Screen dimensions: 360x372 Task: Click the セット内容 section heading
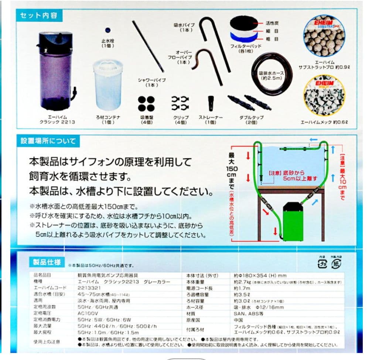[x=39, y=16]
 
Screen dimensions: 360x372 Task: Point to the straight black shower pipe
[x=148, y=46]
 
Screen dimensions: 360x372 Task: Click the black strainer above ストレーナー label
[x=211, y=103]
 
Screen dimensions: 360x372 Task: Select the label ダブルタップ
[x=251, y=118]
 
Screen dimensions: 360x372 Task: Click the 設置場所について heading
[x=48, y=141]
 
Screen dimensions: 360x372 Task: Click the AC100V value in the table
[x=86, y=313]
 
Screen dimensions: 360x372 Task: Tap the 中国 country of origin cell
[x=239, y=320]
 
